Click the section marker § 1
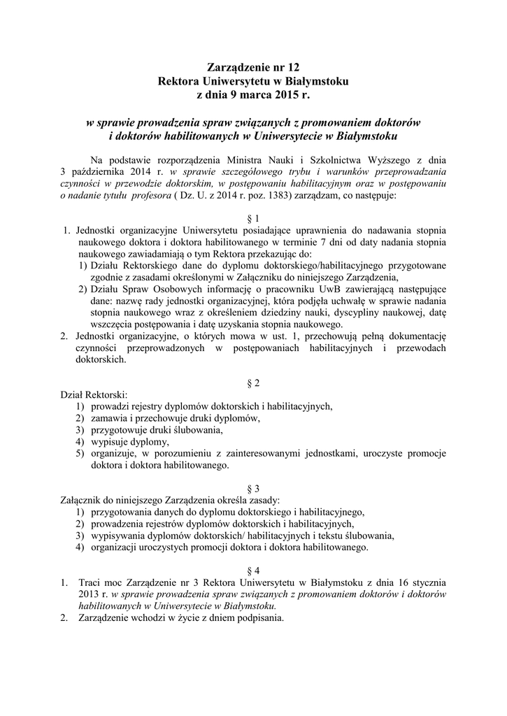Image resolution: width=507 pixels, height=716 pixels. pos(253,217)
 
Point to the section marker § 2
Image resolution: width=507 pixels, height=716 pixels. pos(253,383)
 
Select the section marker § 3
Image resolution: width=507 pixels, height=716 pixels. pos(253,488)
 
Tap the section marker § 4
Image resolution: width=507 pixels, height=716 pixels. pos(253,570)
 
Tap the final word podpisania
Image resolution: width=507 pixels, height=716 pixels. pos(259,618)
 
